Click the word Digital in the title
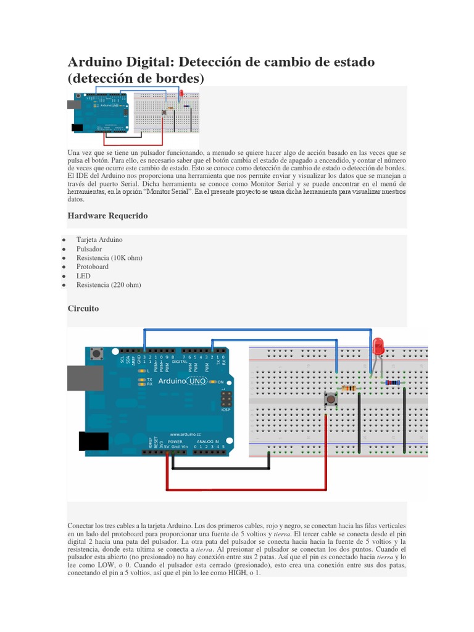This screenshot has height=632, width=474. tap(152, 62)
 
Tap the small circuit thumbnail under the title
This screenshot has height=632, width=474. tap(134, 111)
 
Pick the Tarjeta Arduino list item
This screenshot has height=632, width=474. tap(99, 239)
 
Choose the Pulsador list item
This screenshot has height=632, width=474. tap(89, 249)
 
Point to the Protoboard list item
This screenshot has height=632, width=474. tap(92, 267)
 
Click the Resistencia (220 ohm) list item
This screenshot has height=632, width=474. tap(109, 285)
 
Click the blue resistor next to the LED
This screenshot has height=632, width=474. tap(392, 383)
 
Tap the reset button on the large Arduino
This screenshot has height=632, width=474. tap(96, 354)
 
